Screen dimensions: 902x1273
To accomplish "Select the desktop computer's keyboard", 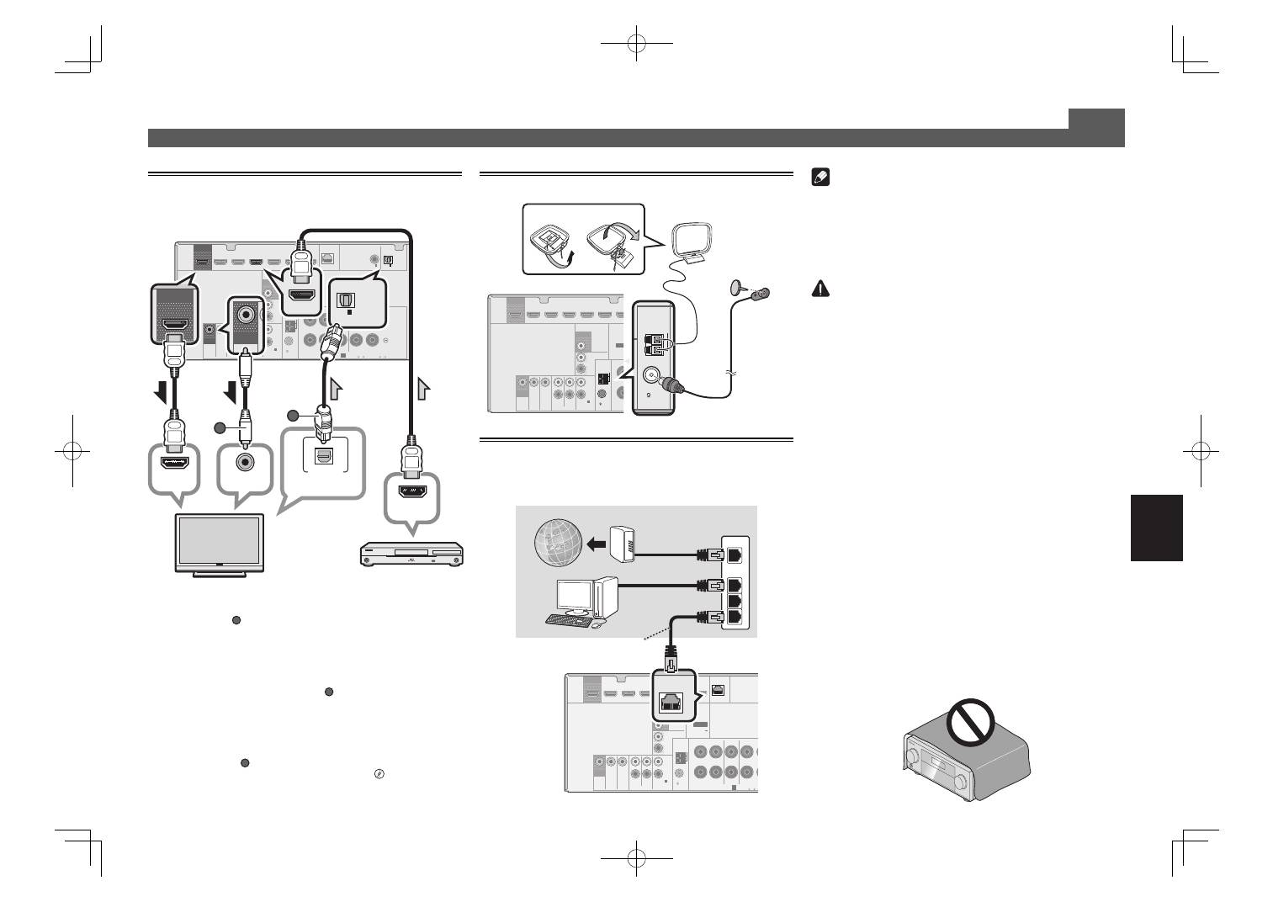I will tap(568, 620).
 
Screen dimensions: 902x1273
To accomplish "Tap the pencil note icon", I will tap(820, 178).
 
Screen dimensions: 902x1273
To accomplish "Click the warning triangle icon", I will tap(820, 289).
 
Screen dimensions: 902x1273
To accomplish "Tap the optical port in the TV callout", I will tap(323, 455).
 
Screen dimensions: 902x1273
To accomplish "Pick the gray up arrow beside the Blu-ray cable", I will tap(422, 388).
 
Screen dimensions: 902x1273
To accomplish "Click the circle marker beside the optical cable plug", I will tap(293, 416).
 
